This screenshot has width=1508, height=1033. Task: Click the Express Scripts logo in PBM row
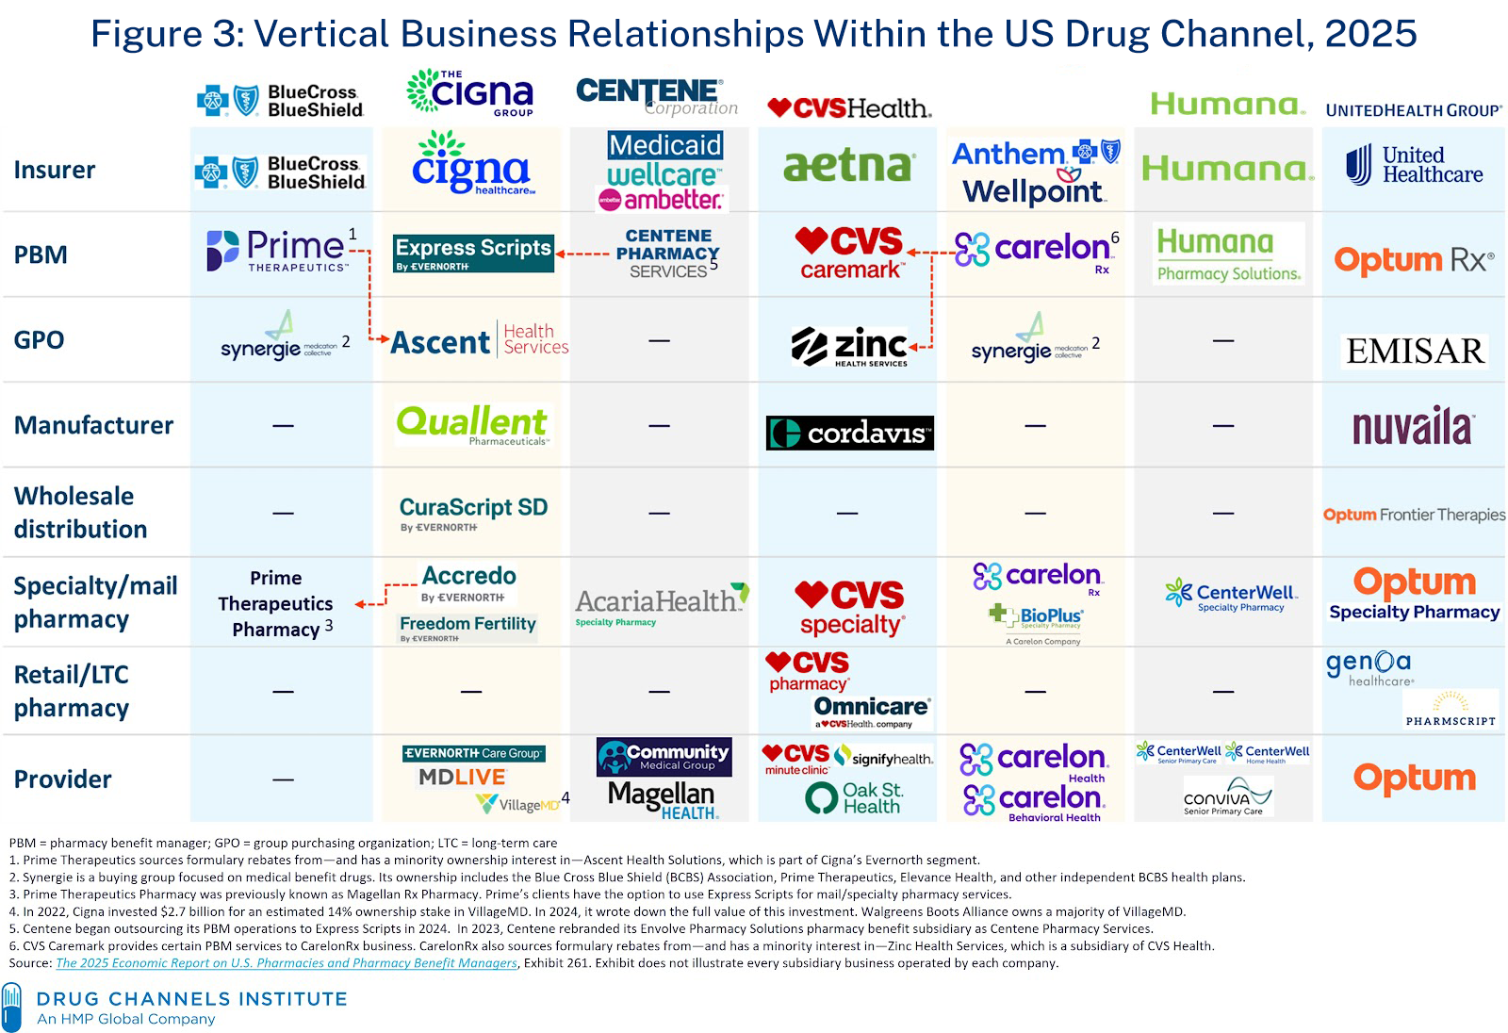473,253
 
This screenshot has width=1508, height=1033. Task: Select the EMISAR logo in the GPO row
1415,351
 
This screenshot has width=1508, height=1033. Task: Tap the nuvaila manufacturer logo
1413,427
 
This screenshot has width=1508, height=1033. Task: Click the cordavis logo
849,433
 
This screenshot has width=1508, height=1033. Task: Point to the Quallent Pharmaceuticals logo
471,424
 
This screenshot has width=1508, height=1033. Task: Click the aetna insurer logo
848,167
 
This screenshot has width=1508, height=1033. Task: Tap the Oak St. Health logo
854,797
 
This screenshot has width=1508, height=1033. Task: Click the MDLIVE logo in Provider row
462,778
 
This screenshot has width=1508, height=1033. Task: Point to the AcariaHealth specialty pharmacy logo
661,603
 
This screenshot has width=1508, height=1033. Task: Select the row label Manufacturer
93,425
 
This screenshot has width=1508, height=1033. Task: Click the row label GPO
39,339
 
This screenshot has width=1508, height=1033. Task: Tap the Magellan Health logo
662,799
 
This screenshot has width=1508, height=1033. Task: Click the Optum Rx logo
1413,259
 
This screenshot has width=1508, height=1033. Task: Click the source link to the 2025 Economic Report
287,963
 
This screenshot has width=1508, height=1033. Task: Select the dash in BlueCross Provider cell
283,779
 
